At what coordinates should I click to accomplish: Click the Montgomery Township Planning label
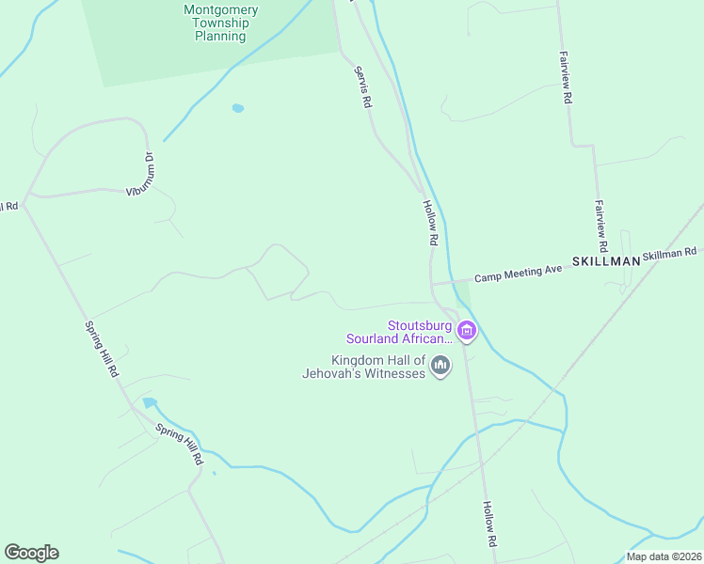220,23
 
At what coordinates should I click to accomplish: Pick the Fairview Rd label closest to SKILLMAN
600,223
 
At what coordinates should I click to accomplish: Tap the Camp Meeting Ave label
518,273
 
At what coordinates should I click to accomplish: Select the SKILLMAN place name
605,261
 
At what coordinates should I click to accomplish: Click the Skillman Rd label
669,253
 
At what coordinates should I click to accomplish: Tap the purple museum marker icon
467,331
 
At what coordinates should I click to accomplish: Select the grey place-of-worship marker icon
440,366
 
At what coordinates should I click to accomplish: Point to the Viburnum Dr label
142,175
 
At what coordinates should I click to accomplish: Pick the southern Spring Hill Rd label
180,446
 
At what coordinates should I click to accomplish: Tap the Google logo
31,553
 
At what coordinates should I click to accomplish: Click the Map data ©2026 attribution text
663,556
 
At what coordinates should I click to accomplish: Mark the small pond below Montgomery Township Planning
237,108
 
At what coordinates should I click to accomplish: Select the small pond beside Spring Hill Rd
150,403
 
